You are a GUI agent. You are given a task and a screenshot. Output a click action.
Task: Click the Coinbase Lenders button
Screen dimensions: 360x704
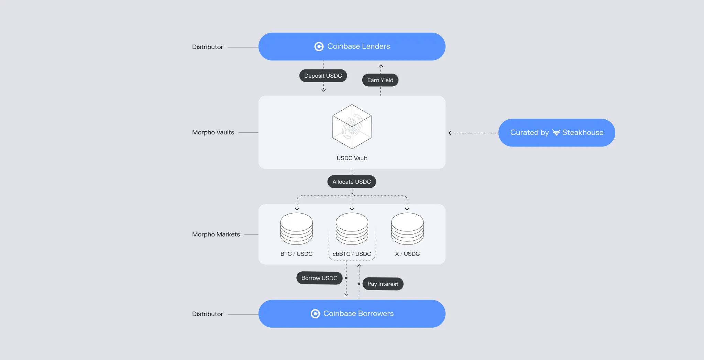click(x=352, y=46)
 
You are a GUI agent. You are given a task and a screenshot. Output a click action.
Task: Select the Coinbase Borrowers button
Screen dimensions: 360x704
click(x=352, y=314)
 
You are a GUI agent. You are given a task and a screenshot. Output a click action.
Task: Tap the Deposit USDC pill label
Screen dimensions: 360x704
click(x=323, y=76)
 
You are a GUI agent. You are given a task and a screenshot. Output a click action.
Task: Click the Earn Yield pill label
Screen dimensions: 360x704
click(x=380, y=80)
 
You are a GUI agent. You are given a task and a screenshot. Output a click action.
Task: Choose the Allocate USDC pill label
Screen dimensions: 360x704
click(x=351, y=182)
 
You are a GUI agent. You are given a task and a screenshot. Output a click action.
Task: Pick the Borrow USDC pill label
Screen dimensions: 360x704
click(x=319, y=278)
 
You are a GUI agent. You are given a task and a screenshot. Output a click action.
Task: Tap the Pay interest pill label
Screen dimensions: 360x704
click(x=383, y=284)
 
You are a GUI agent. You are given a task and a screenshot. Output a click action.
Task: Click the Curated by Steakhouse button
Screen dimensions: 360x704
click(x=556, y=133)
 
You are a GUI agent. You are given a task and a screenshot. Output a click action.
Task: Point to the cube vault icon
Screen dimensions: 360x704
click(x=352, y=127)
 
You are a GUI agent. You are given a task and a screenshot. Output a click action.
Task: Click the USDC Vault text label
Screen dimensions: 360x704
click(x=352, y=158)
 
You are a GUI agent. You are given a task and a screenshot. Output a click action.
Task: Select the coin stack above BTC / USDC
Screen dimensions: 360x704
click(x=296, y=229)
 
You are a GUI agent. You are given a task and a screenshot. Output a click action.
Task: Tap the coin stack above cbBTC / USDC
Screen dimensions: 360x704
click(x=352, y=229)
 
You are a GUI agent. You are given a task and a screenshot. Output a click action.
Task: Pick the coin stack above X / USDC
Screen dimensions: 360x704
click(x=407, y=229)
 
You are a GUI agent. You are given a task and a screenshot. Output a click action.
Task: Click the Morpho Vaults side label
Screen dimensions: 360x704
click(x=213, y=132)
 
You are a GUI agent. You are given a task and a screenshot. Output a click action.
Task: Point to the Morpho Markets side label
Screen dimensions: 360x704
click(x=216, y=234)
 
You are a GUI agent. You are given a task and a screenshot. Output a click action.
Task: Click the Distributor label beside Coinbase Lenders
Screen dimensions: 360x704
click(x=207, y=47)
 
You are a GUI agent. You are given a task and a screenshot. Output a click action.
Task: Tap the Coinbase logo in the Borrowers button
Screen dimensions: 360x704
click(x=315, y=314)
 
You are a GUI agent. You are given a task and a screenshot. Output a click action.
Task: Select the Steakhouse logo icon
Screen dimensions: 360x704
click(x=556, y=133)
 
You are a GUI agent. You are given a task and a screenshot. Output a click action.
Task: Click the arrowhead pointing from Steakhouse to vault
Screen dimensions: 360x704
click(x=450, y=133)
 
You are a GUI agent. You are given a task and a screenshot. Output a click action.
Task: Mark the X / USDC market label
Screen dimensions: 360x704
click(x=407, y=254)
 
